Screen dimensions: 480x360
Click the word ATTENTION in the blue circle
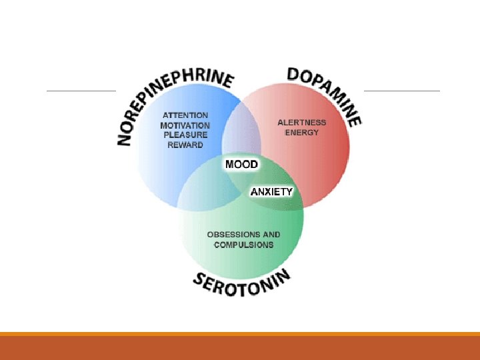point(185,115)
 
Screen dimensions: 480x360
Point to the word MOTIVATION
point(185,125)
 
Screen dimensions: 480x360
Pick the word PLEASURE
point(185,135)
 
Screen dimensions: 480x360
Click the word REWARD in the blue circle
point(185,145)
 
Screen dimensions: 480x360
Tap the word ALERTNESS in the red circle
point(302,123)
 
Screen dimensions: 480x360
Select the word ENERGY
point(302,133)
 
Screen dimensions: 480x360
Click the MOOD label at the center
point(241,164)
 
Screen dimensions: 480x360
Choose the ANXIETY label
point(271,192)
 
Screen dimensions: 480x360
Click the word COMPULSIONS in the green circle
point(243,245)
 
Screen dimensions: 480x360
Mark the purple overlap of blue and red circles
point(241,137)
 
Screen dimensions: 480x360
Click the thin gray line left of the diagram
point(81,91)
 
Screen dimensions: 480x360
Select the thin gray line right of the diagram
point(401,91)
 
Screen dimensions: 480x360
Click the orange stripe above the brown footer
point(240,334)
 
